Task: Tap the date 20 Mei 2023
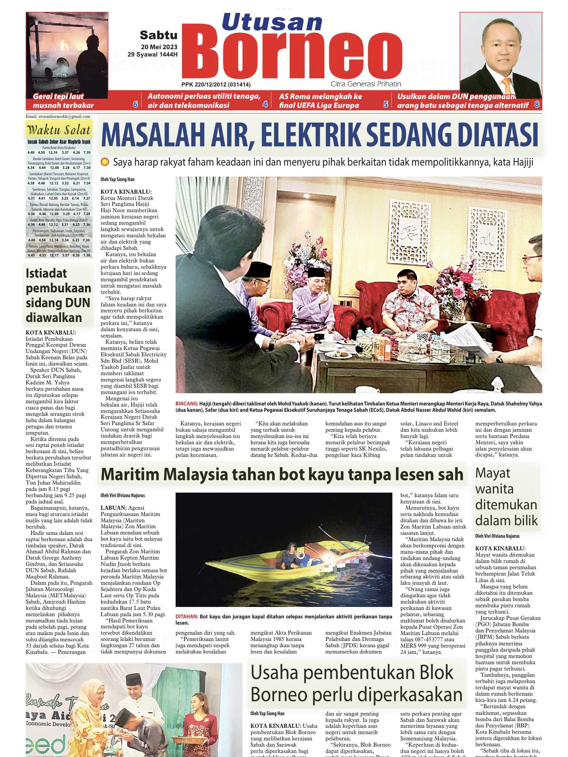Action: pyautogui.click(x=159, y=47)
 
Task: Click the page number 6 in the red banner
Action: pyautogui.click(x=135, y=104)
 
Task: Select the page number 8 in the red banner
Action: pyautogui.click(x=537, y=105)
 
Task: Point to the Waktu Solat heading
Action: pyautogui.click(x=59, y=130)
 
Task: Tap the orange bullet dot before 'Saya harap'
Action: pyautogui.click(x=105, y=162)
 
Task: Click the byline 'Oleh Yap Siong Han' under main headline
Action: pyautogui.click(x=118, y=180)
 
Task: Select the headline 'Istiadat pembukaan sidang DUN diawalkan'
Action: pyautogui.click(x=58, y=295)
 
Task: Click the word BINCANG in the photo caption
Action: pyautogui.click(x=186, y=404)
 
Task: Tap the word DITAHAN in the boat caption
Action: pyautogui.click(x=187, y=617)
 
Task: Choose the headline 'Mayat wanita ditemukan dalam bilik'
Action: pyautogui.click(x=506, y=496)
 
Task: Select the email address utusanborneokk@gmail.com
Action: pyautogui.click(x=58, y=116)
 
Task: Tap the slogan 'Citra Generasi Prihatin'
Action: pyautogui.click(x=366, y=84)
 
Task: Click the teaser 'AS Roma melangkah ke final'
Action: pyautogui.click(x=320, y=101)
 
